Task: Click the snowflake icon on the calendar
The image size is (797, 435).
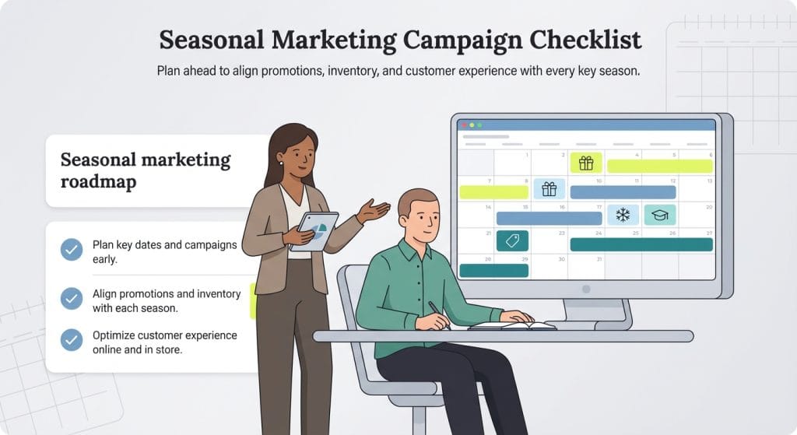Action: click(623, 215)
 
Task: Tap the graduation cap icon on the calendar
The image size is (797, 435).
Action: click(659, 215)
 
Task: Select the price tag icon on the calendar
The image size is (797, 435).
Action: click(512, 241)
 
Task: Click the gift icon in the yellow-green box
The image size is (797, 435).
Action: click(586, 163)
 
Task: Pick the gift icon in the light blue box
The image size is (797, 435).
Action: click(549, 188)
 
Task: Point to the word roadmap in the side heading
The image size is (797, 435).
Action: click(98, 181)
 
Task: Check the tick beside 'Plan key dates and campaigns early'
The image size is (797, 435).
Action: click(72, 250)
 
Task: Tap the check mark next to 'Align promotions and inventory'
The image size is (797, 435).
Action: click(72, 298)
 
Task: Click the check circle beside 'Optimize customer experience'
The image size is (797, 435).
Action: click(72, 340)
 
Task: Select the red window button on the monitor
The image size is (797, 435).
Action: click(464, 125)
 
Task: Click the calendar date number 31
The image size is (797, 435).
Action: click(598, 258)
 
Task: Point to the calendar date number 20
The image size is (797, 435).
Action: click(708, 207)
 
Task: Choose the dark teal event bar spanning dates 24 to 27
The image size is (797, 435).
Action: click(641, 244)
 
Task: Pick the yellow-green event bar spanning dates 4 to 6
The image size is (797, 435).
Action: click(659, 166)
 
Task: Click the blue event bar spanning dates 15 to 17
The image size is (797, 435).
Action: click(548, 219)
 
